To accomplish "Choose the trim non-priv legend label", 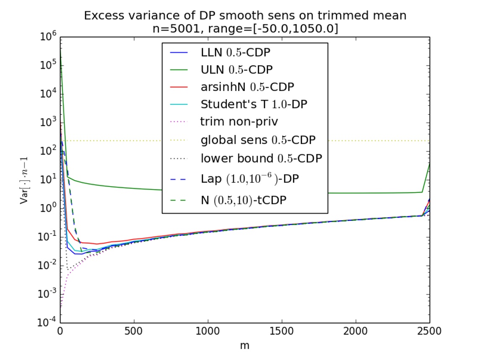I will [239, 122].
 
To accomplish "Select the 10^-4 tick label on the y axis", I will [48, 323].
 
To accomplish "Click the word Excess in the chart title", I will [102, 16].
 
